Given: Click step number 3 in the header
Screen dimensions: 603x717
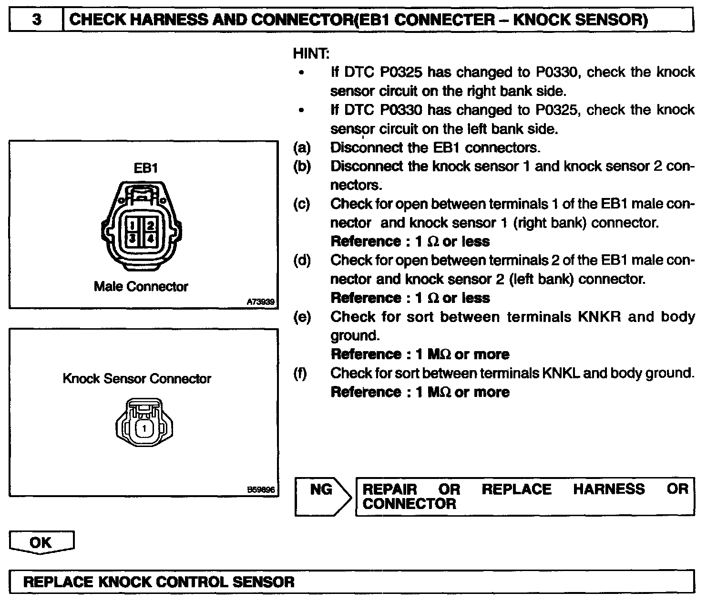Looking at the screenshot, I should (36, 20).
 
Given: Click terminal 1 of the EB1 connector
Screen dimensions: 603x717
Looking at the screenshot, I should (134, 224).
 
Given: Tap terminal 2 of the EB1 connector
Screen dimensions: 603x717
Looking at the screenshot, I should (150, 224).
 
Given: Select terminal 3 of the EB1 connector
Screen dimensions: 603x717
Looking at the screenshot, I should (134, 238).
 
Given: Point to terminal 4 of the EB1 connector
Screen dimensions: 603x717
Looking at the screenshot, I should (150, 238).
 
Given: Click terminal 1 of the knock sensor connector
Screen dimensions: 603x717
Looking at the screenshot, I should (144, 428).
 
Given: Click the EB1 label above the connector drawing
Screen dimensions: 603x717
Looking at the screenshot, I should (145, 168).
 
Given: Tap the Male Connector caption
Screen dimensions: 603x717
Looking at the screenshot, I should (141, 287).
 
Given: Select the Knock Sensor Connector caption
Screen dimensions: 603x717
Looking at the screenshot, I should (137, 379).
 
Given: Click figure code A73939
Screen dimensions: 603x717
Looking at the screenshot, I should (260, 302).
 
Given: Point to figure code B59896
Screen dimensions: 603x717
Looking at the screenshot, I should (260, 489).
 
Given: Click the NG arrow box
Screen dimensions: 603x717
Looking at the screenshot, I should (322, 496).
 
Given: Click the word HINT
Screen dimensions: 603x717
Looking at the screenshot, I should (311, 53).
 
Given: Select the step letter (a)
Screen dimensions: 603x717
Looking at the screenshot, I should (302, 147).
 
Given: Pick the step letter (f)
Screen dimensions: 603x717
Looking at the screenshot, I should (301, 373).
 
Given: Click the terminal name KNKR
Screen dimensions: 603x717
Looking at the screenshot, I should (599, 317).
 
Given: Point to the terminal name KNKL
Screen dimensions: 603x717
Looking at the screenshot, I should (561, 373).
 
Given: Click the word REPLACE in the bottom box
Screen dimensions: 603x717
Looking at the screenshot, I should (59, 582).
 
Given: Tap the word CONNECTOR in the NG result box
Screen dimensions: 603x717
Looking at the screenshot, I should (409, 504).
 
